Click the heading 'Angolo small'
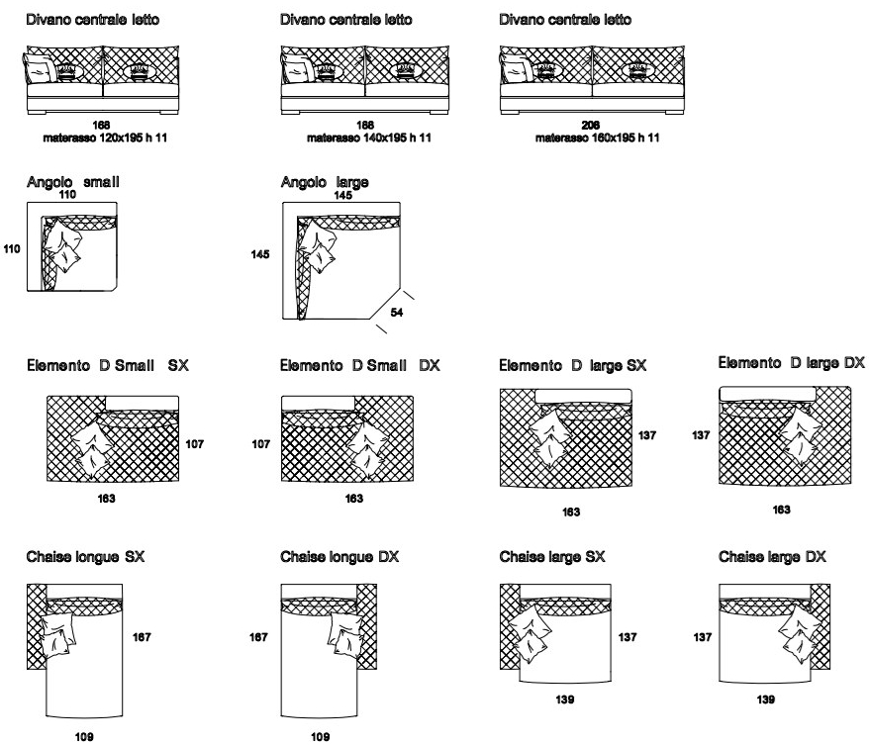72,182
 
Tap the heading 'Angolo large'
325,182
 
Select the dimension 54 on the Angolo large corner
397,313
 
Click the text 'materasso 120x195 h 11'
105,138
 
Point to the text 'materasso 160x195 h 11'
598,138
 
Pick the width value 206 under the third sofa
591,126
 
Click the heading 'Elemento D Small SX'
108,365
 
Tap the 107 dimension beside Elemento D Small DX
261,443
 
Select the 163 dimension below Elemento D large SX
571,512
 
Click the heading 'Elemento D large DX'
792,363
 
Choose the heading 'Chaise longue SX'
85,557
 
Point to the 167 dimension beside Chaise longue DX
258,637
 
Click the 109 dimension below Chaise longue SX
84,736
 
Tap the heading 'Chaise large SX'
552,557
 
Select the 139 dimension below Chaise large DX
766,699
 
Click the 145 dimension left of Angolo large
260,254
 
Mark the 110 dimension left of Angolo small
12,248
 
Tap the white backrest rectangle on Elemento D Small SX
142,404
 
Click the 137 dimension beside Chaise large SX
628,637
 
